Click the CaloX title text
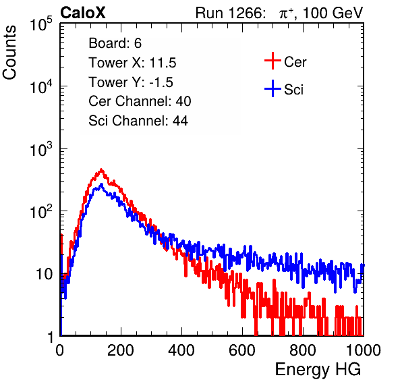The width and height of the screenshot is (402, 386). click(x=83, y=13)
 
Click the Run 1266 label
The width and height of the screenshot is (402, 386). click(x=231, y=13)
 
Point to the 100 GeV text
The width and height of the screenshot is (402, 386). click(x=333, y=13)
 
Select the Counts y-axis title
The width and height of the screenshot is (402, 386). click(x=9, y=52)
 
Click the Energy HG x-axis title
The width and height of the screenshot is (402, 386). click(x=318, y=370)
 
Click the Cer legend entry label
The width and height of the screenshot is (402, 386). click(x=295, y=62)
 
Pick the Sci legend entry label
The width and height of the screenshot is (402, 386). click(x=293, y=90)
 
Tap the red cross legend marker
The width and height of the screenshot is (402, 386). click(x=272, y=61)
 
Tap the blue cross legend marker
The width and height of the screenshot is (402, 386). click(x=272, y=88)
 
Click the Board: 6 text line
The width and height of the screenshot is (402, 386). click(x=115, y=43)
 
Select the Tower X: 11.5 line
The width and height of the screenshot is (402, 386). click(x=132, y=63)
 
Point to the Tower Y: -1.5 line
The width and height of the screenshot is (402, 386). click(x=131, y=82)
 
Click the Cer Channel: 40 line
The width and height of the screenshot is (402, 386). click(x=140, y=101)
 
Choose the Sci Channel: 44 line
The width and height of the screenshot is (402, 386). click(x=138, y=121)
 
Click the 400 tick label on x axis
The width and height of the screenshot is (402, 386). click(x=181, y=350)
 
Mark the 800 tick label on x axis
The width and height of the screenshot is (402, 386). click(x=303, y=350)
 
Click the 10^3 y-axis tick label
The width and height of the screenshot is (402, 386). click(x=41, y=149)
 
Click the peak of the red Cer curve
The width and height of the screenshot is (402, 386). click(x=101, y=169)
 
